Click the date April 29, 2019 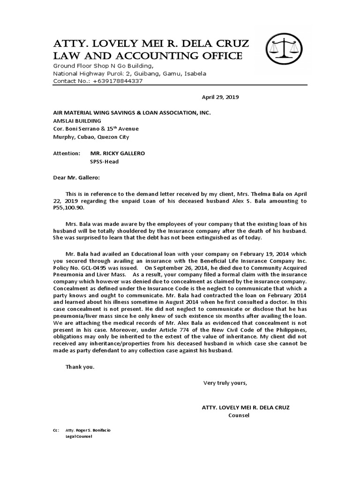(220, 97)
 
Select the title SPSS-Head (104, 162)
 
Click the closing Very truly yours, (225, 383)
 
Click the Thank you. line (80, 367)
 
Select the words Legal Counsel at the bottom (79, 436)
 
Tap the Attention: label (66, 153)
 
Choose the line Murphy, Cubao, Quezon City (91, 137)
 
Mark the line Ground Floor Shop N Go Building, (103, 66)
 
